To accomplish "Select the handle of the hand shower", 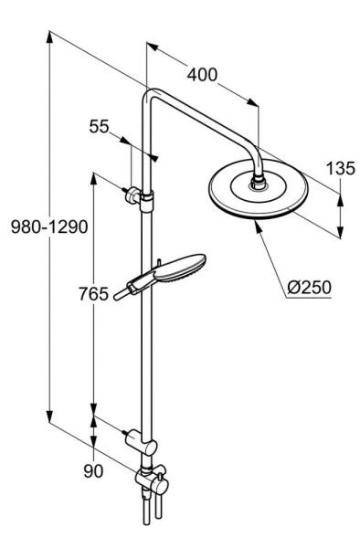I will pos(124,291).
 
